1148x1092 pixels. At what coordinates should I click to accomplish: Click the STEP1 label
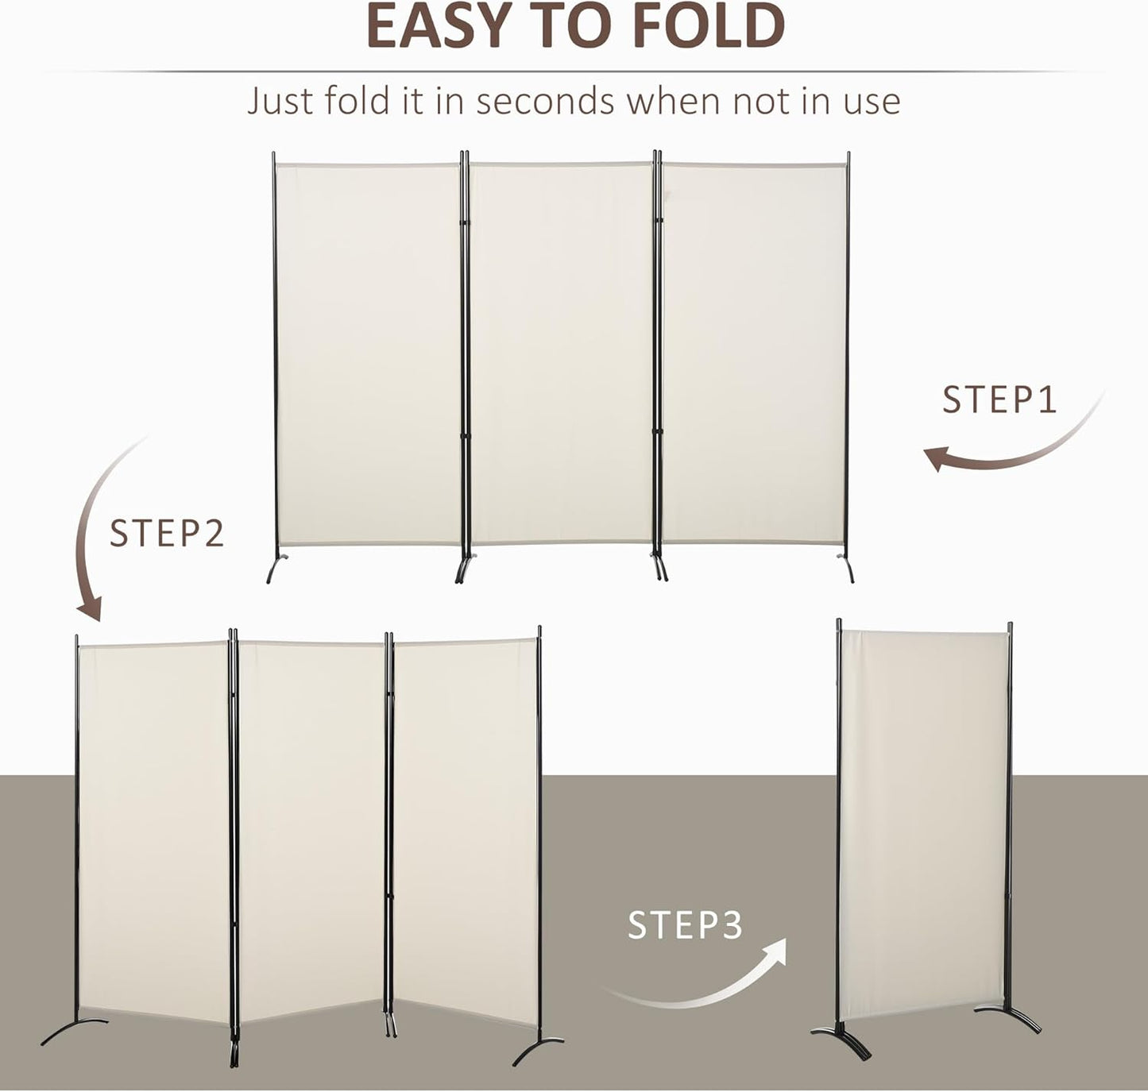point(999,399)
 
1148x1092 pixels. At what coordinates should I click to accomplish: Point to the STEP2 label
point(167,534)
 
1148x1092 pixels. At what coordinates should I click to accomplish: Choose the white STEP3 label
point(685,925)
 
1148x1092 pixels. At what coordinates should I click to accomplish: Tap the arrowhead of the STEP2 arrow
point(91,608)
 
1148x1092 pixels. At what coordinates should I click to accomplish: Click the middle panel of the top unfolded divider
point(561,353)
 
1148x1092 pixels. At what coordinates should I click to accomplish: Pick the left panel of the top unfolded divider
point(367,353)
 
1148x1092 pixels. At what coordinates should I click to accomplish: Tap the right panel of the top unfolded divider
point(753,353)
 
